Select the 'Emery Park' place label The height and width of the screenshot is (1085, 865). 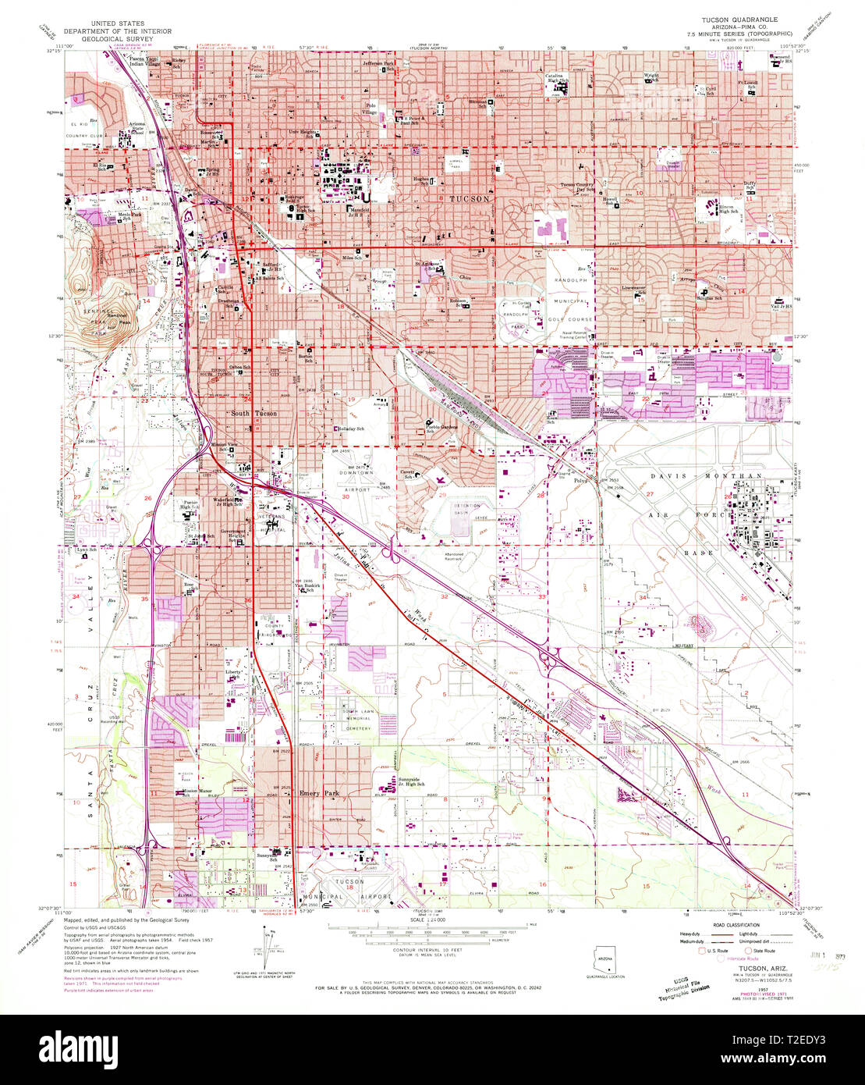[320, 792]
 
